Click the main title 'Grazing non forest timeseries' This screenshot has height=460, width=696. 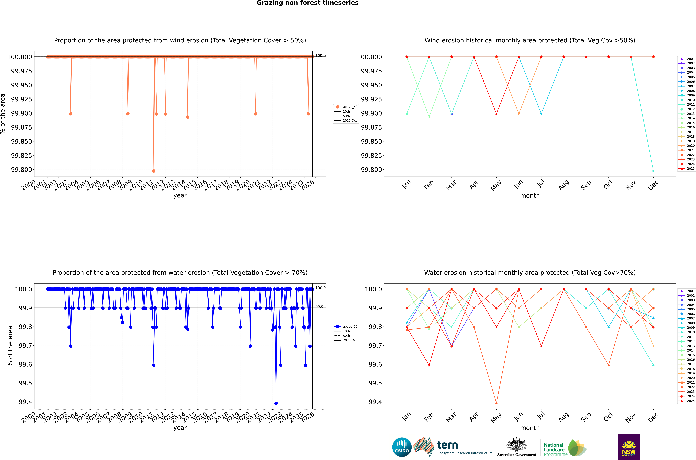[307, 3]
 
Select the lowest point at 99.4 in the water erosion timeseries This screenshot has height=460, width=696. [276, 403]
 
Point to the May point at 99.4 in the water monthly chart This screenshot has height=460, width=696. [496, 403]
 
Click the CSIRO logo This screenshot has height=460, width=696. [402, 447]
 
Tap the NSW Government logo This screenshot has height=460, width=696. [629, 447]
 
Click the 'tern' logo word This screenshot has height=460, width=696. [447, 445]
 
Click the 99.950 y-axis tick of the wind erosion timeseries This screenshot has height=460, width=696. [21, 85]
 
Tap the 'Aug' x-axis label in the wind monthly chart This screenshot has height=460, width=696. [563, 185]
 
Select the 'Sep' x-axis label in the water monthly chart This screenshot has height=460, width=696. [586, 417]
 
